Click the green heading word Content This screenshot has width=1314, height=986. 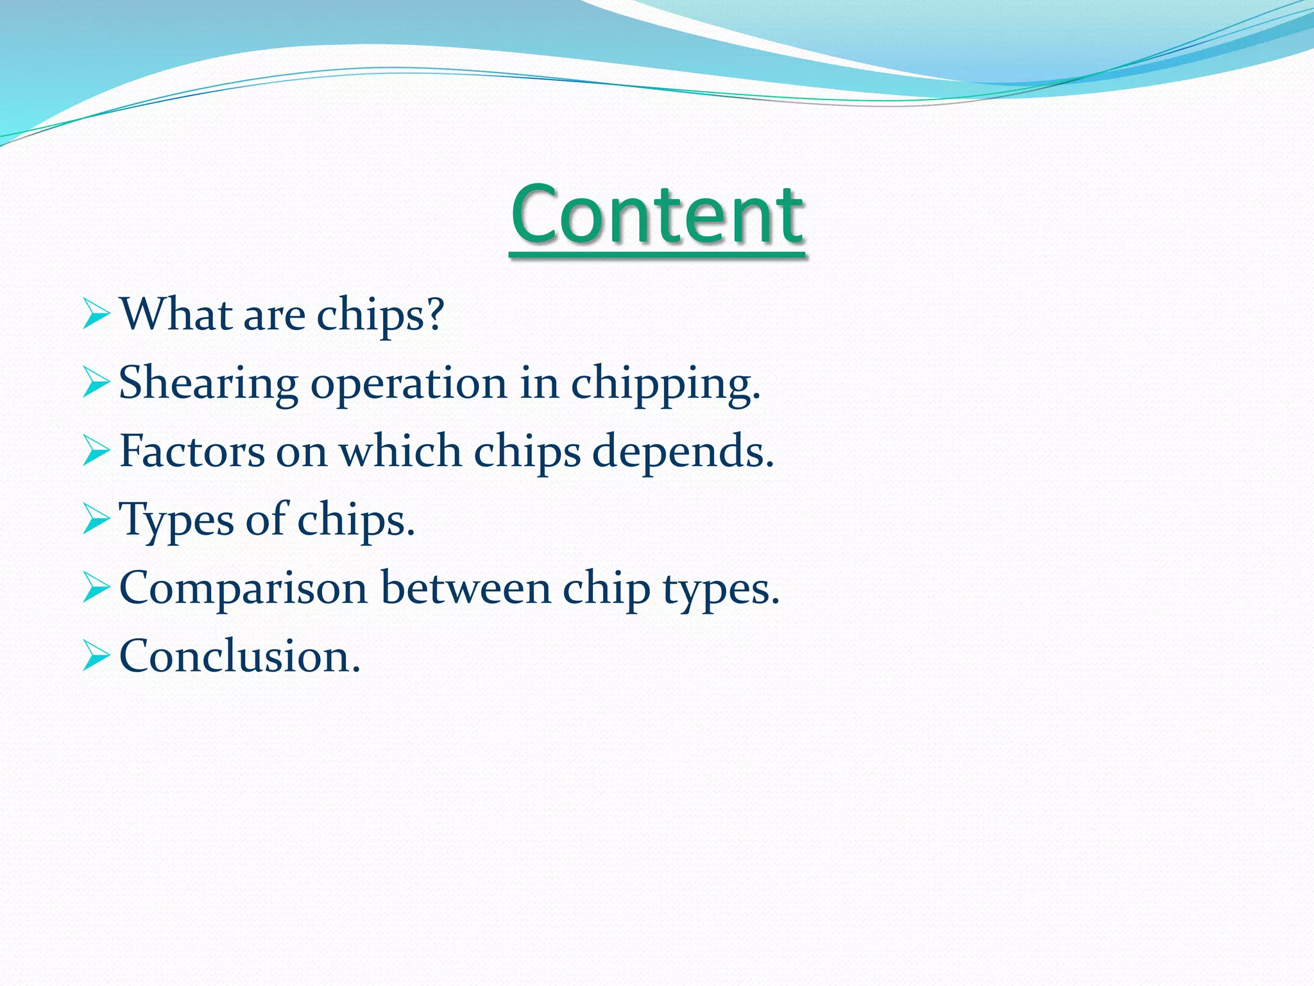(x=657, y=215)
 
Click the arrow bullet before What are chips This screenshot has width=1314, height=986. (x=96, y=315)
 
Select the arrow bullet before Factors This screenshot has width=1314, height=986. (x=96, y=451)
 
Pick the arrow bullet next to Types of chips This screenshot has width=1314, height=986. (x=96, y=519)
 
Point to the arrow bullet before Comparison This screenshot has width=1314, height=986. (x=96, y=588)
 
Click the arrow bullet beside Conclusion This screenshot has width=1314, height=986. (x=96, y=657)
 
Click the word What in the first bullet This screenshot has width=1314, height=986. (x=176, y=315)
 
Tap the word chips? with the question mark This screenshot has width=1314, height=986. (x=380, y=316)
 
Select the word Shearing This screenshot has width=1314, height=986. (x=209, y=384)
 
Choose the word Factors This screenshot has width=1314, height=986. (x=192, y=451)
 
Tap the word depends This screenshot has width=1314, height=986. (x=683, y=453)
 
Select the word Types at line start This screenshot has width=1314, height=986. (x=176, y=521)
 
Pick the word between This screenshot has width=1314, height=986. (x=466, y=588)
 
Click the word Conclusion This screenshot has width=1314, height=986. (x=240, y=657)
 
